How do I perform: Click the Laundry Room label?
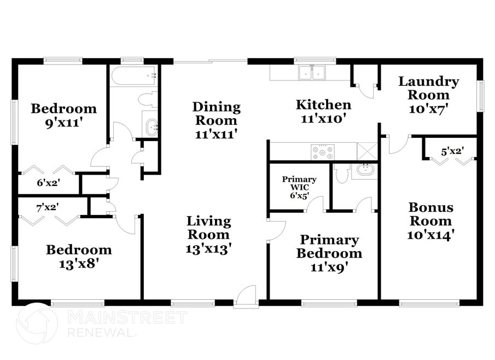[428, 88]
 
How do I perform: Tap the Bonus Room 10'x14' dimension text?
[430, 235]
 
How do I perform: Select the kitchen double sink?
[312, 72]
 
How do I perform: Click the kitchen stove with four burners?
[322, 152]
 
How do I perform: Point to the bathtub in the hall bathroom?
[133, 76]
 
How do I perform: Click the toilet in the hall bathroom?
[148, 99]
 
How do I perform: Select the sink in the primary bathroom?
[365, 171]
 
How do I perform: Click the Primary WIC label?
[299, 183]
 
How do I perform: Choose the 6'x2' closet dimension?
[48, 183]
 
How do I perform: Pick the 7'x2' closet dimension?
[48, 207]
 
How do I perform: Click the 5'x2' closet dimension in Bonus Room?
[452, 152]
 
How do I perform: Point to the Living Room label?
[209, 228]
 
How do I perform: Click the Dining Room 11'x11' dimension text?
[216, 135]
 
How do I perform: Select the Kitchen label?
[323, 105]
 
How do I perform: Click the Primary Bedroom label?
[329, 246]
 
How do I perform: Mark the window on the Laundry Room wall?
[480, 96]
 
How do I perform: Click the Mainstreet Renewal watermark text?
[127, 324]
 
